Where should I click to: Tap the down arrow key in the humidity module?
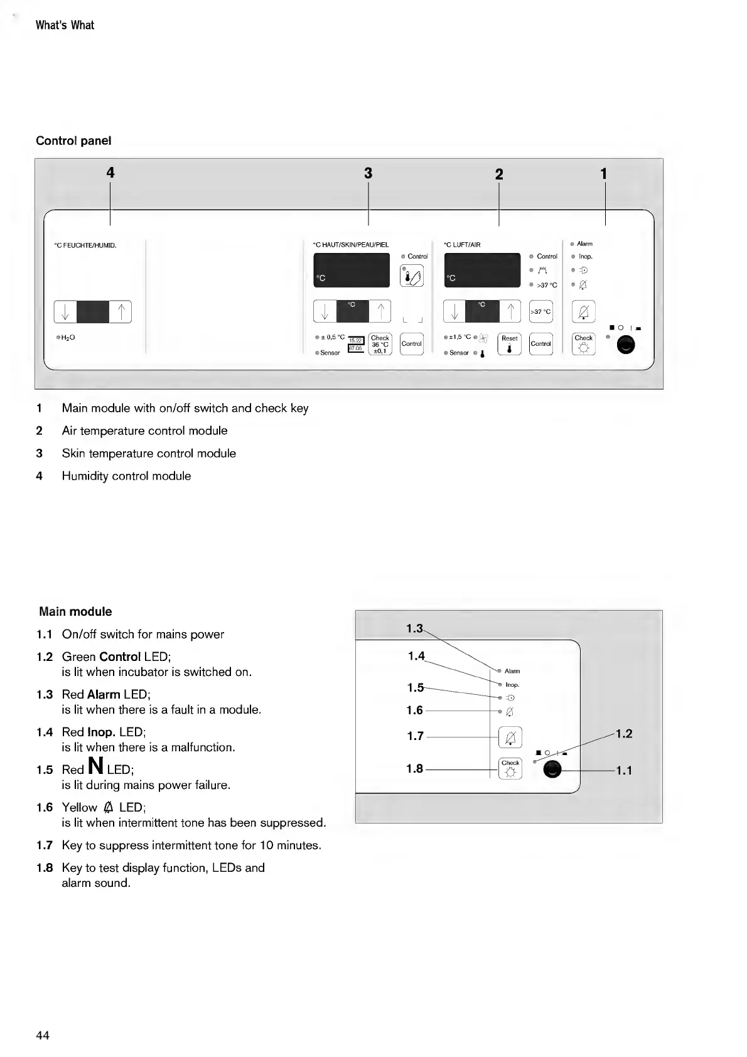pyautogui.click(x=65, y=312)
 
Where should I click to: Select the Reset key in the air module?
pyautogui.click(x=509, y=344)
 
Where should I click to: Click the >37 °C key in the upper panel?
pyautogui.click(x=540, y=311)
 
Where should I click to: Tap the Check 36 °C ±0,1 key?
pyautogui.click(x=380, y=344)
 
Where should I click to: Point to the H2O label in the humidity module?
pyautogui.click(x=68, y=338)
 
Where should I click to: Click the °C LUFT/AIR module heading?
pyautogui.click(x=462, y=245)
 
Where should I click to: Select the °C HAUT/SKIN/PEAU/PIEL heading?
pyautogui.click(x=350, y=245)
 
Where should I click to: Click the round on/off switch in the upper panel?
pyautogui.click(x=625, y=345)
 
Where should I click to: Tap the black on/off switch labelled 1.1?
pyautogui.click(x=552, y=770)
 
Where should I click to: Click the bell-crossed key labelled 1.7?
pyautogui.click(x=510, y=736)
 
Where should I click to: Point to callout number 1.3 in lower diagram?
pyautogui.click(x=414, y=628)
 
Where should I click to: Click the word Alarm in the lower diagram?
pyautogui.click(x=512, y=671)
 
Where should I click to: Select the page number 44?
pyautogui.click(x=43, y=1035)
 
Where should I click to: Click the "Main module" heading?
pyautogui.click(x=75, y=611)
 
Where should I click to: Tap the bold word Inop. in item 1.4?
pyautogui.click(x=101, y=732)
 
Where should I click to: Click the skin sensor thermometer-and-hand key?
pyautogui.click(x=412, y=276)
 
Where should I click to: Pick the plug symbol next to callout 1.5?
pyautogui.click(x=510, y=698)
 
